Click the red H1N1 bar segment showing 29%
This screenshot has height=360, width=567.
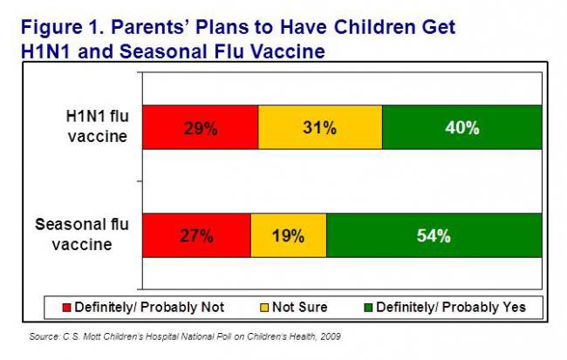200,127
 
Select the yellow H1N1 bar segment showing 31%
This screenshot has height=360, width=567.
319,127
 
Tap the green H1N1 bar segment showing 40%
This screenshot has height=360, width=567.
461,127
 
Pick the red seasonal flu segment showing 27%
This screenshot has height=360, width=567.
196,234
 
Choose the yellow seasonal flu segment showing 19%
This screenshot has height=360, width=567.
288,234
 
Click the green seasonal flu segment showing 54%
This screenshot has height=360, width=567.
433,234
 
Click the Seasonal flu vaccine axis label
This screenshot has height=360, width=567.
82,234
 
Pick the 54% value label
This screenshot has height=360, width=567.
433,234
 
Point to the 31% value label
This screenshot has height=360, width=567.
319,127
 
